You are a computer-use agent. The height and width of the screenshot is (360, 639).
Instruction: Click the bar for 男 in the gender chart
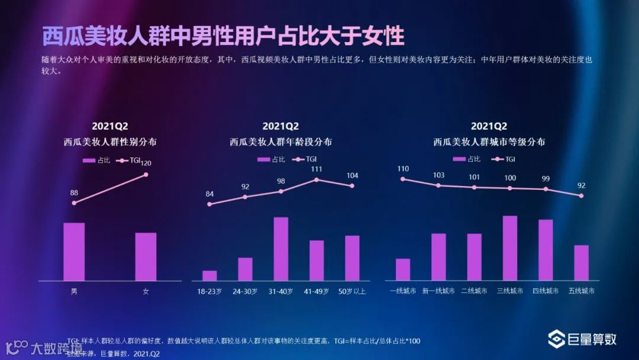[x=74, y=252]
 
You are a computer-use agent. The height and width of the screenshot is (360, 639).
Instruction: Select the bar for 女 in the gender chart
[x=146, y=256]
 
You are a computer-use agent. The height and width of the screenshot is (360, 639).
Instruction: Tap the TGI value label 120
[x=146, y=163]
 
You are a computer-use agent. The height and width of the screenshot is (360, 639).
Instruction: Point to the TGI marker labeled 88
[x=74, y=203]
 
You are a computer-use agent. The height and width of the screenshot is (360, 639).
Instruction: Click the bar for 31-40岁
[x=280, y=249]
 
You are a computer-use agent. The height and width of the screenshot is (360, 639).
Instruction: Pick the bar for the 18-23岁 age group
[x=209, y=275]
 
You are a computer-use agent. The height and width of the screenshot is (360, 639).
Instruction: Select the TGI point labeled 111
[x=317, y=179]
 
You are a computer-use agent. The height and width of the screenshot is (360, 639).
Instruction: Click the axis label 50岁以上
[x=352, y=291]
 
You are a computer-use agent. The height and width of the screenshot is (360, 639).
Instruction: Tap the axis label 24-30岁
[x=245, y=291]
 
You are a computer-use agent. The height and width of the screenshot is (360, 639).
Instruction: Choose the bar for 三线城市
[x=510, y=248]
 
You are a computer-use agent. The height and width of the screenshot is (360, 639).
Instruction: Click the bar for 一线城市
[x=403, y=269]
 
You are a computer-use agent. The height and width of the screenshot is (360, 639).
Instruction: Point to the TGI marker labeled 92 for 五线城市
[x=582, y=195]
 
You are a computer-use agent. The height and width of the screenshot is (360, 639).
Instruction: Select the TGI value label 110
[x=403, y=169]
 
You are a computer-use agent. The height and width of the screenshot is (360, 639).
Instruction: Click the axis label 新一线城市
[x=438, y=291]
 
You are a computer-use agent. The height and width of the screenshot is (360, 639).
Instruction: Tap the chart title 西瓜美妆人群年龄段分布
[x=280, y=142]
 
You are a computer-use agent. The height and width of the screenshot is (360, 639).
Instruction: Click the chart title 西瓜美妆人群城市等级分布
[x=489, y=142]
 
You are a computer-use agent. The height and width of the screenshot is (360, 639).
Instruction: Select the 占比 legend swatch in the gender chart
[x=89, y=160]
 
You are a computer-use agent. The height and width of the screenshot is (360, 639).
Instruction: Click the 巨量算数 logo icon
[x=556, y=339]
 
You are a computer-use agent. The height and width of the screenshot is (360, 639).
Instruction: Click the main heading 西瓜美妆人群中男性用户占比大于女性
[x=223, y=36]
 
